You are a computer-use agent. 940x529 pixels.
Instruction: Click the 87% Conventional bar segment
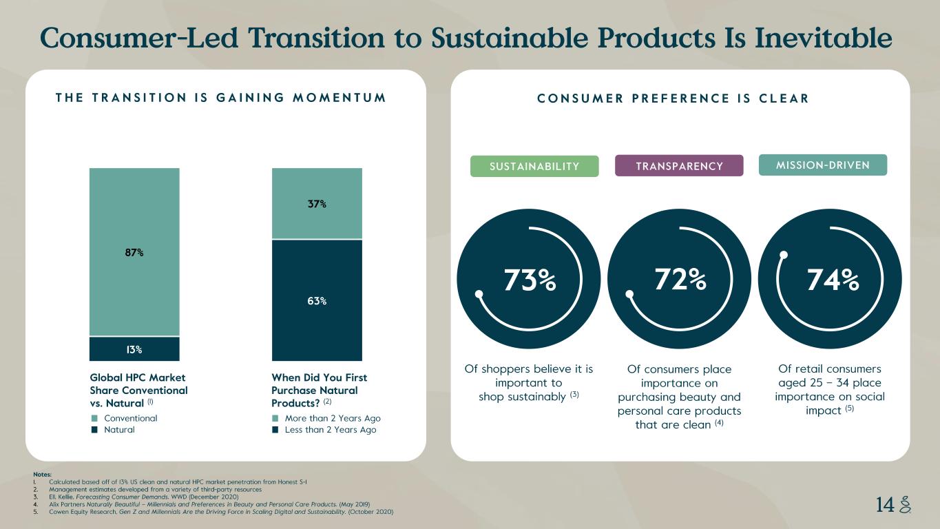click(x=134, y=252)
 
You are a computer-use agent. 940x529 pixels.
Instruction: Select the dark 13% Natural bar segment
click(x=134, y=349)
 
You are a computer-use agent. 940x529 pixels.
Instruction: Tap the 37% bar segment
click(x=317, y=204)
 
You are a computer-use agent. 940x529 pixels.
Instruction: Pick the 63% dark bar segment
click(x=317, y=300)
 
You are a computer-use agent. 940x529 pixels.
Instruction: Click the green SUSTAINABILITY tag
click(x=534, y=166)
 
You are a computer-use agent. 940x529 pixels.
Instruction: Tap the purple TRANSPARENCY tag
click(x=679, y=166)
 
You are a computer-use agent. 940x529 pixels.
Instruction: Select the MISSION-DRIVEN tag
click(x=822, y=165)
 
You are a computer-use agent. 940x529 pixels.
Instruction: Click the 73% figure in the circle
click(x=530, y=280)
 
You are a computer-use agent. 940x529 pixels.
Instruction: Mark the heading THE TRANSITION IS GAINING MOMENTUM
click(x=220, y=98)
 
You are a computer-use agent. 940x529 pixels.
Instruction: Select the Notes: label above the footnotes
click(x=41, y=475)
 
